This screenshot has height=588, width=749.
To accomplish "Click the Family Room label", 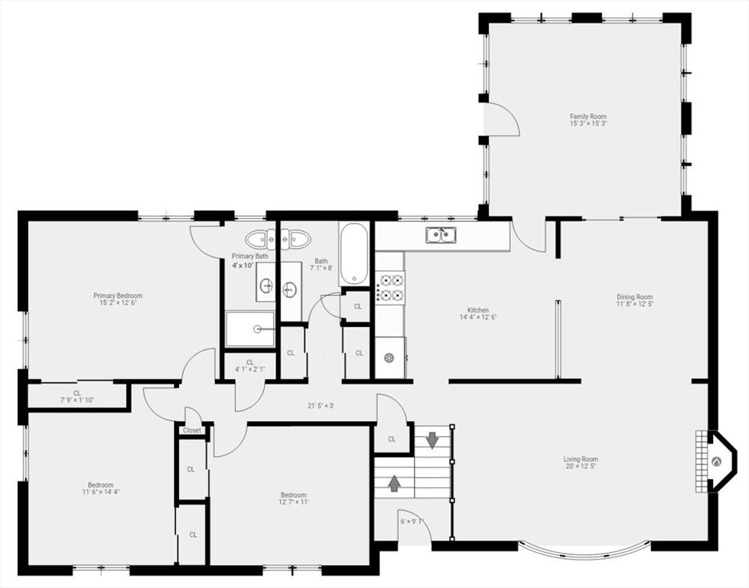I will tap(588, 116).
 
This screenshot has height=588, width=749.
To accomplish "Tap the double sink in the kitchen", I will tap(441, 235).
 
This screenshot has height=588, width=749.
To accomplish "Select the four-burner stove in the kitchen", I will tap(389, 286).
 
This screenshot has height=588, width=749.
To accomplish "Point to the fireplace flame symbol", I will tap(716, 462).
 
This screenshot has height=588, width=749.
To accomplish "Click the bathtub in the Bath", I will tap(354, 253).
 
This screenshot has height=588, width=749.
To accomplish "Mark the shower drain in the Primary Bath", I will tap(258, 329).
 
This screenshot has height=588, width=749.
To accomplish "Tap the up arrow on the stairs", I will tap(395, 483).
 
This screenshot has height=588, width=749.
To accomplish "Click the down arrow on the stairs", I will tap(431, 440).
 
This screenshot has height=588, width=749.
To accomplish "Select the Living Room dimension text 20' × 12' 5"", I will tap(581, 466).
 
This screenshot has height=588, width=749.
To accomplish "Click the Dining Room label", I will tap(635, 296).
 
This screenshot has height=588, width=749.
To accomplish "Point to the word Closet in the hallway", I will tap(192, 430).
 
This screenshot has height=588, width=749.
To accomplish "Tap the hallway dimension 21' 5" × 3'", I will tap(321, 406).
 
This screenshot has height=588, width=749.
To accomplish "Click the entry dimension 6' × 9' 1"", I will tap(412, 521).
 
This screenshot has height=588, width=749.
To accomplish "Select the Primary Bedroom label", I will tap(118, 296).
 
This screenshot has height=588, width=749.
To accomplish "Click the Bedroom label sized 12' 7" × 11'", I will tap(293, 495).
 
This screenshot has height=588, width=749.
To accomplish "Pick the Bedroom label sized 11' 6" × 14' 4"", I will tap(100, 485).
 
